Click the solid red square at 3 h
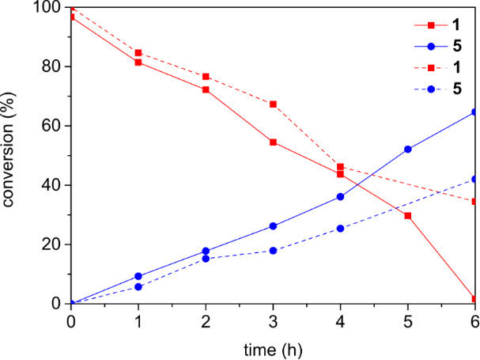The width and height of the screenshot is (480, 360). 273,142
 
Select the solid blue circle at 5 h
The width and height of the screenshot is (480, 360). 408,150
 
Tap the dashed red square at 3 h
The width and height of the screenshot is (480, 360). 273,104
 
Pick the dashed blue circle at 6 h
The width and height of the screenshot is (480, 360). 474,180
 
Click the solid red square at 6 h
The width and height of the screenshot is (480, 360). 474,299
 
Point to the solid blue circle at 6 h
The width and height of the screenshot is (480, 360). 474,112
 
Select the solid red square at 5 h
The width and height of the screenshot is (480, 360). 408,216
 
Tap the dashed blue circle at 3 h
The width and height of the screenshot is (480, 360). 273,251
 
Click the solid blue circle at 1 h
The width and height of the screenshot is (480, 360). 138,276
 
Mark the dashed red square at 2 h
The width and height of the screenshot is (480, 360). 206,77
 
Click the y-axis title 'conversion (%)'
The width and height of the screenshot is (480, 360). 9,156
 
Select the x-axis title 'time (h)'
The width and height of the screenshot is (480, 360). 273,348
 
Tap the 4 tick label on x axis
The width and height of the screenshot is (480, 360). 340,320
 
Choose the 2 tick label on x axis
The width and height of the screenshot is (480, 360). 206,320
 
